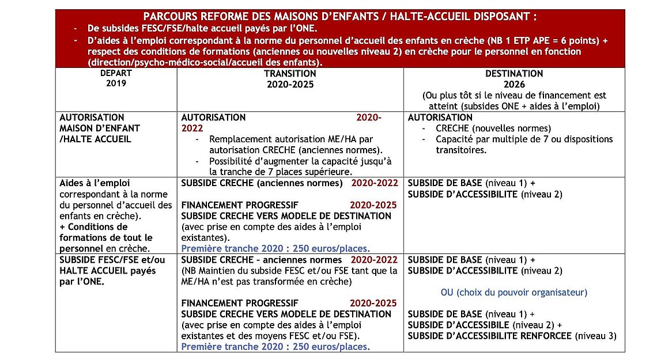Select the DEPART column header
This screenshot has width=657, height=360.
point(116,73)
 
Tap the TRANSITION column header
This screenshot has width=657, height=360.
point(290,74)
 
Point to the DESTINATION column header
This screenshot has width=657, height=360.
point(513,74)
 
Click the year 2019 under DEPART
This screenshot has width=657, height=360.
point(116,83)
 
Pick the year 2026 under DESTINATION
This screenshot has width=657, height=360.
point(514,84)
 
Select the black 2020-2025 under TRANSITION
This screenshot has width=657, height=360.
point(290,84)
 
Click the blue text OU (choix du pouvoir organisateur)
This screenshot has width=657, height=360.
point(513,293)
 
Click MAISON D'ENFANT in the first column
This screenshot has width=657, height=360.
point(100,128)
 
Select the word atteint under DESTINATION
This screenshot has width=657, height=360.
point(443,106)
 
